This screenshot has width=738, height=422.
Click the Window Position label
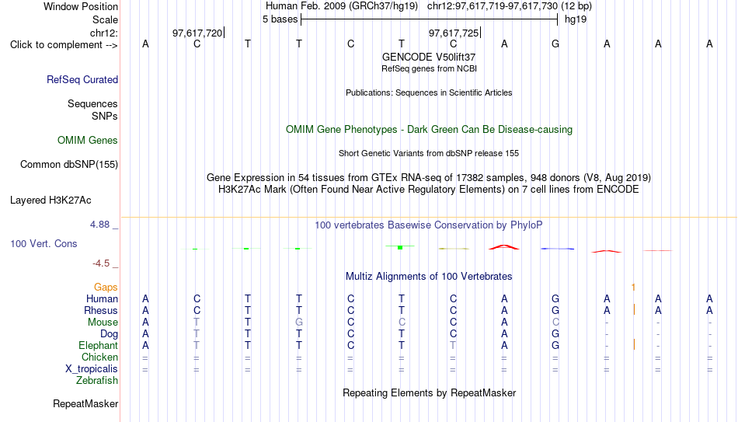coord(81,6)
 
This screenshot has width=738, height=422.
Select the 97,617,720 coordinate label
coord(197,33)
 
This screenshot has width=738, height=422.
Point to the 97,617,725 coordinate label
coord(453,33)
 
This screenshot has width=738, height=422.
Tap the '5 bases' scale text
coord(280,19)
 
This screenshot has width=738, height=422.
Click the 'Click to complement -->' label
coord(64,45)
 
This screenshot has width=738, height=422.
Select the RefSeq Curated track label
coord(82,79)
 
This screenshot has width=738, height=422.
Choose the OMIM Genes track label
coord(88,141)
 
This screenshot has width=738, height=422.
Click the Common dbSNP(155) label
coord(69,165)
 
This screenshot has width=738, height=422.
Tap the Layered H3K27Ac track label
coord(50,201)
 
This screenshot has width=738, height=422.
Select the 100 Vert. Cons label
coord(44,244)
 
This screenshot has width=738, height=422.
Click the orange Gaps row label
coord(106,288)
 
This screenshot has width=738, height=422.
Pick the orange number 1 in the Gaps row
coord(633,288)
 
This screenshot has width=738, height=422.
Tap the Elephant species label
coord(99,346)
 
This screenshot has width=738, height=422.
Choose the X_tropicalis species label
coord(92,369)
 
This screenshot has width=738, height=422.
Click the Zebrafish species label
coord(97,381)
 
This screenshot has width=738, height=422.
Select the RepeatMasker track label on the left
coord(85,403)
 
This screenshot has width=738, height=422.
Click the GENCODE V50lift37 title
coord(429,57)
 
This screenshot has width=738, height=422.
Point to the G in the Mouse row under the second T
coord(299,323)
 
